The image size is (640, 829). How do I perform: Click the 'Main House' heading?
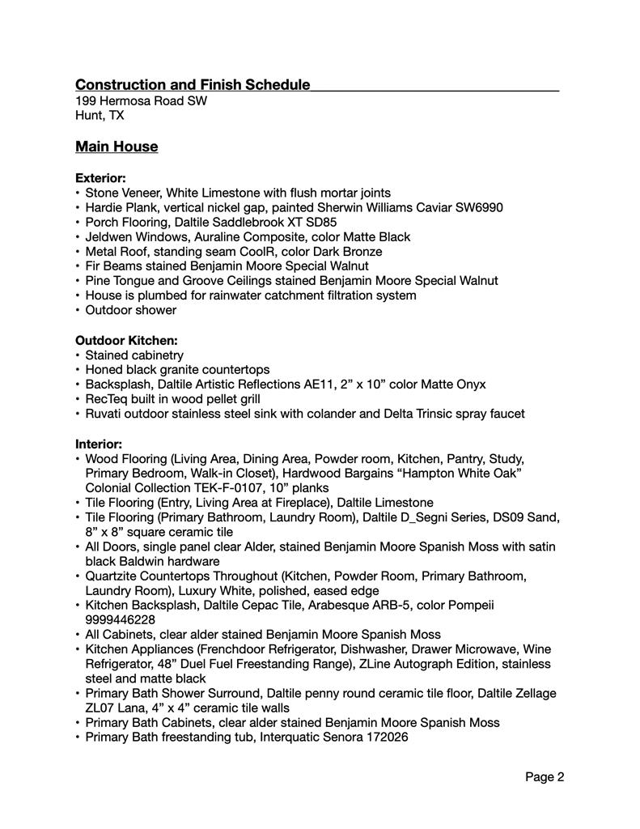117,147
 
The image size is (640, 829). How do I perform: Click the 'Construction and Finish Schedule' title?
193,85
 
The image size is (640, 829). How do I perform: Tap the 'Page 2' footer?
545,777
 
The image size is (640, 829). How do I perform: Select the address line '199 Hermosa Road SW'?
141,101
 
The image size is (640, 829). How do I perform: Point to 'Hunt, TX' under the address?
100,116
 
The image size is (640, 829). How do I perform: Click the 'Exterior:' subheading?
100,177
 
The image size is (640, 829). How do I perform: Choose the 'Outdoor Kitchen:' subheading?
126,340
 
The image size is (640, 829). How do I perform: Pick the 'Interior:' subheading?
99,444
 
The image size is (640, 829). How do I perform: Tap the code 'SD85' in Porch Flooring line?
322,222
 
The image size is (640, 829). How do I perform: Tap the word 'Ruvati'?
104,414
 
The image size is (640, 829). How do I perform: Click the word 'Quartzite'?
114,576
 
